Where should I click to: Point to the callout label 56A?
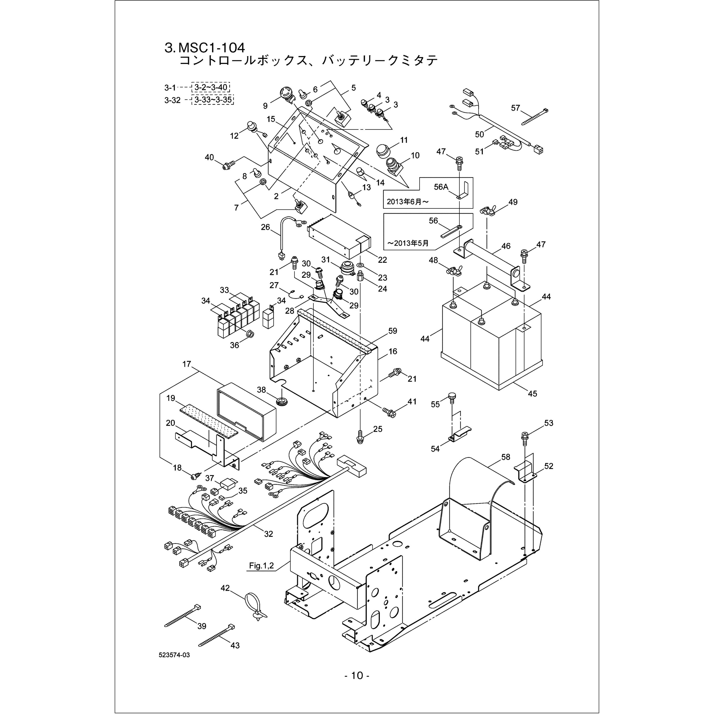click(x=441, y=187)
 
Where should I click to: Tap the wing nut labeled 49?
click(x=488, y=211)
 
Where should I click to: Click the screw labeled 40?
click(x=229, y=165)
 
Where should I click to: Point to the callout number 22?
click(x=382, y=260)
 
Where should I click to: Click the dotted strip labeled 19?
click(x=209, y=421)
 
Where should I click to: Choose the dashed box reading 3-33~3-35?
click(x=213, y=100)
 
